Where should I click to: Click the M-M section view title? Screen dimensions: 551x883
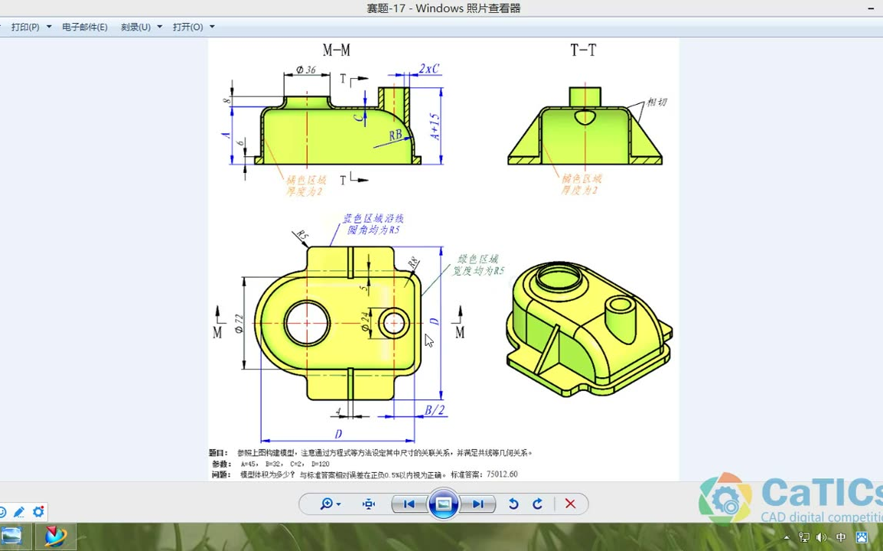[336, 51]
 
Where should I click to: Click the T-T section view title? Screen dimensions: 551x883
[583, 51]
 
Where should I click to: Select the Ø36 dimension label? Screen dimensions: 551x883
[305, 70]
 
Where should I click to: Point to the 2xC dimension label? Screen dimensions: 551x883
[429, 69]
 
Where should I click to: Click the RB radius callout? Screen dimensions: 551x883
[396, 135]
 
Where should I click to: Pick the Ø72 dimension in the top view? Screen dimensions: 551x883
[239, 324]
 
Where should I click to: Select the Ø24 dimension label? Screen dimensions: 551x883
[365, 324]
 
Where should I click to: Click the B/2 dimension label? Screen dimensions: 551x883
[434, 410]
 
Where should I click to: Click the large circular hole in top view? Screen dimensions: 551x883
[307, 323]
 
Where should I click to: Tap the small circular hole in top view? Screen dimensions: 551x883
[394, 323]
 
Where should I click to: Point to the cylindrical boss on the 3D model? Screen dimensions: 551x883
[620, 318]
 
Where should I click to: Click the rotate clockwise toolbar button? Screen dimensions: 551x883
[538, 504]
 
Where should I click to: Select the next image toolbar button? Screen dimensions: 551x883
[477, 504]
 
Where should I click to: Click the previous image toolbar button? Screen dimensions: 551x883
[409, 504]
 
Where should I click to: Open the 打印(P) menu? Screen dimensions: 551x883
[25, 27]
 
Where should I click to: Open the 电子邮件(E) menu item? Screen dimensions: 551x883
[85, 27]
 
